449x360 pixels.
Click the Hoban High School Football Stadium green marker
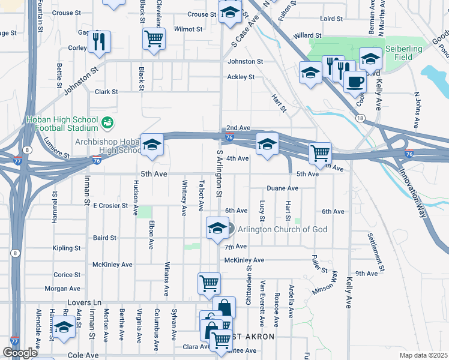pos(107,123)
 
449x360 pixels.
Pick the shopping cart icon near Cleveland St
pos(154,38)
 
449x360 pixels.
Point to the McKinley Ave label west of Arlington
pos(112,265)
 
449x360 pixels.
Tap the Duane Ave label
pos(283,188)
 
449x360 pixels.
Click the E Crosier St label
pos(111,205)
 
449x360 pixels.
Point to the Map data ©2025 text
pos(423,355)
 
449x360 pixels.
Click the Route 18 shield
pos(359,119)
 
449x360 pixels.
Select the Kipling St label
pos(67,248)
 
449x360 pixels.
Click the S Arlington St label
pos(219,175)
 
